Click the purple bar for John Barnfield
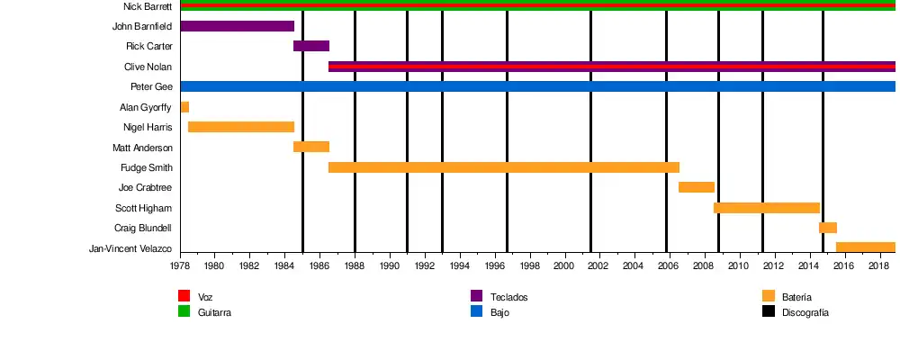(x=237, y=26)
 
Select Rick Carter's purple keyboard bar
(x=311, y=46)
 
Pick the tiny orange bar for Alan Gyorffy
(x=184, y=107)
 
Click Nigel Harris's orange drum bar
(x=241, y=127)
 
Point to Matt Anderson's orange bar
(x=311, y=147)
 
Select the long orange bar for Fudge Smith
(x=504, y=167)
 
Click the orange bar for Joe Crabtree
(x=697, y=187)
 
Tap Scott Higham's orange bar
(x=767, y=208)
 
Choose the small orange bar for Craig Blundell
(x=828, y=228)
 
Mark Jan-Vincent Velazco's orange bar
(x=866, y=247)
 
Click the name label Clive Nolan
(x=148, y=67)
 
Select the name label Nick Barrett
(x=148, y=6)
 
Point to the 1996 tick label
(x=494, y=266)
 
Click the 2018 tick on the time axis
(x=879, y=266)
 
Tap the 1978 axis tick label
(x=180, y=266)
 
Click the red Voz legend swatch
(x=184, y=296)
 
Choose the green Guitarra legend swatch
(x=184, y=311)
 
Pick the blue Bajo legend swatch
(x=477, y=311)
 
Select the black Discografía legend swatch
(x=769, y=311)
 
